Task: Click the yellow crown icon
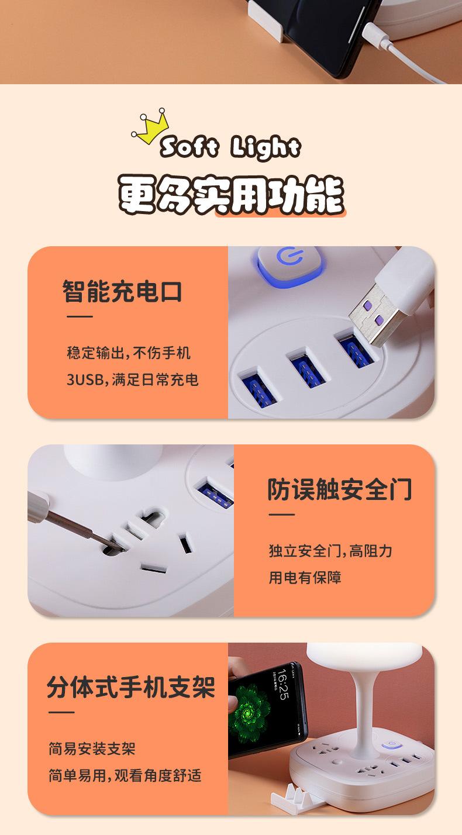[x=150, y=126]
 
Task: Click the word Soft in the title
[x=188, y=148]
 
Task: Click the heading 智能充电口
[x=122, y=291]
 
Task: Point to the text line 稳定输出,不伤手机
[x=129, y=353]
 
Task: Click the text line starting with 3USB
[x=132, y=380]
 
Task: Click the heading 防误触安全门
[x=339, y=489]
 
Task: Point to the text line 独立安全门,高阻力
[x=330, y=551]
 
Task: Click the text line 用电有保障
[x=305, y=578]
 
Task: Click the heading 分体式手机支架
[x=131, y=686]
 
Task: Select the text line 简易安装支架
[x=92, y=749]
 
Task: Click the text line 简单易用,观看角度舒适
[x=125, y=776]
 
